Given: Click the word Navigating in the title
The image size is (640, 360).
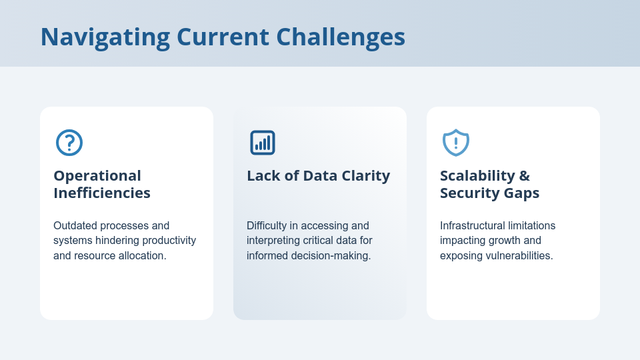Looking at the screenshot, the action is pos(105,37).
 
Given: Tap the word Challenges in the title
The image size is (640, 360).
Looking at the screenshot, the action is pos(341,37).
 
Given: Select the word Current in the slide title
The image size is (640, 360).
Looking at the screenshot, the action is pos(223,37).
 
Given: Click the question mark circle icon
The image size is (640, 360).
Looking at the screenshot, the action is pos(69,143).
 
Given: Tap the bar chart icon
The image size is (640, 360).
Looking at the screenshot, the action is pos(263,143).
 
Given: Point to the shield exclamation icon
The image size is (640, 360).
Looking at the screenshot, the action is pos(456,143).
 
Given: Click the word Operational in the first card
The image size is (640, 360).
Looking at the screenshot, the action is pos(97,176).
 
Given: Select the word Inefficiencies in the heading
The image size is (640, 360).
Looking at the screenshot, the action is pos(102,193).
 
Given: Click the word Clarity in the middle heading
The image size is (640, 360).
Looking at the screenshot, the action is pos(366,176).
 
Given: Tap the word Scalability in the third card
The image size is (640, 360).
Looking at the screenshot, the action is pos(477,176).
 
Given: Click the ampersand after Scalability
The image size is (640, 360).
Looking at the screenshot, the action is pos(525,176).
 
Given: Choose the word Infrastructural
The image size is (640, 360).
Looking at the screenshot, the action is pos(477,226).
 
